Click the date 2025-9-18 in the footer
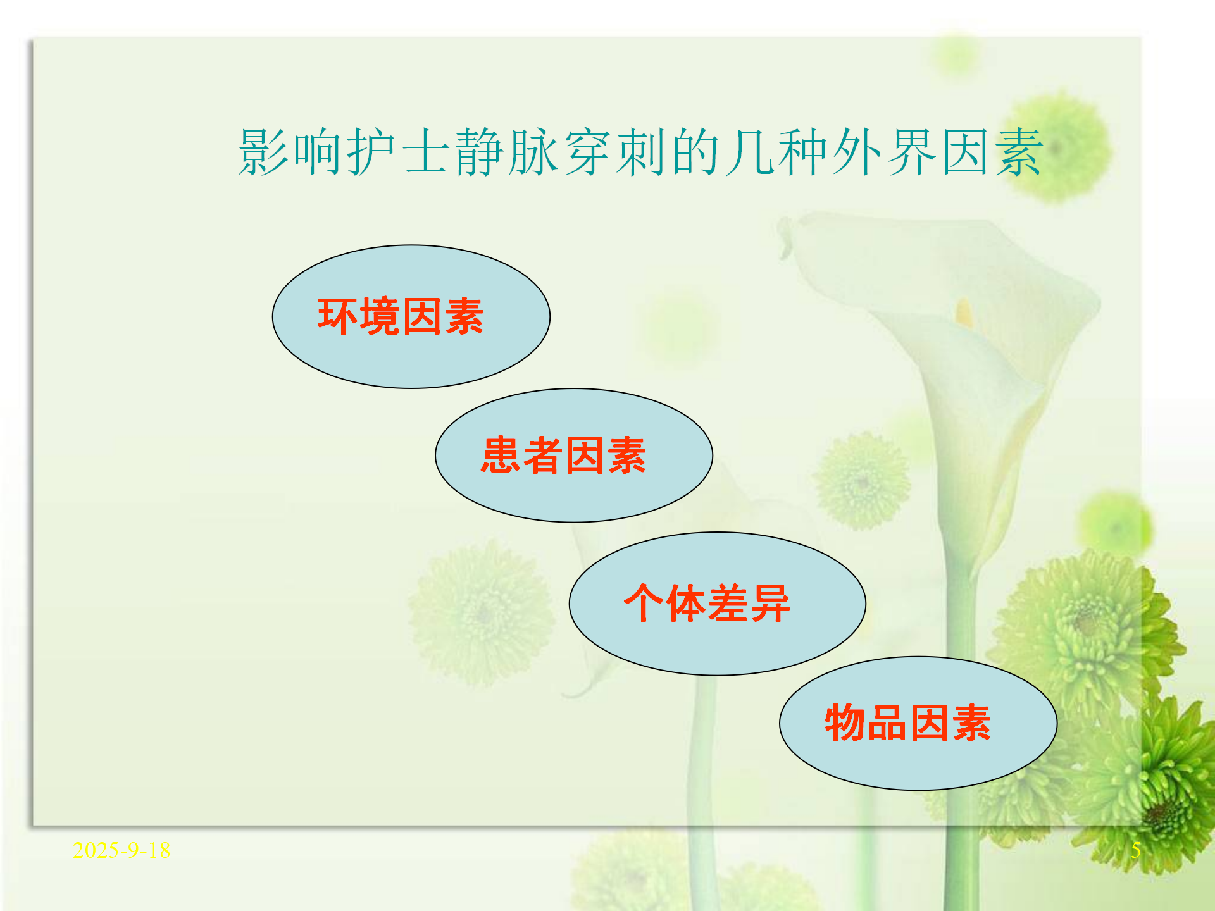tap(121, 850)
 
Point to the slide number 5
tap(1136, 850)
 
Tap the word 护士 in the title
tap(399, 152)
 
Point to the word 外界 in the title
tap(884, 152)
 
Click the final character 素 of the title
tap(1019, 152)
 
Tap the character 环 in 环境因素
tap(338, 316)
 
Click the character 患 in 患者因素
tap(501, 455)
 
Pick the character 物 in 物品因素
tap(845, 722)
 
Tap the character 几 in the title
tap(751, 152)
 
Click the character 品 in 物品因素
tap(887, 722)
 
